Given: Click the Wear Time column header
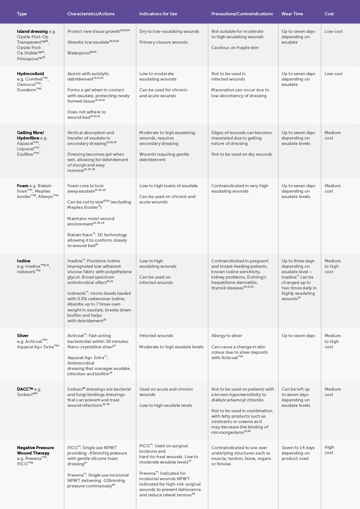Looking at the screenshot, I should [292, 14].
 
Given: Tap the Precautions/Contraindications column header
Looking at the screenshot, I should [242, 14].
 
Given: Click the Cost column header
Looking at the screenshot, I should [329, 14].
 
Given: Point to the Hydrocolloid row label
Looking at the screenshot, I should [30, 74].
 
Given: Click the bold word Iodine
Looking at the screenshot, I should [24, 261].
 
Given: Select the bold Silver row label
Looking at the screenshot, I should [22, 336].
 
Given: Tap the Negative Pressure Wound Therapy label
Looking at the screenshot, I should [35, 450].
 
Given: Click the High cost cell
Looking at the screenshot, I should [329, 450].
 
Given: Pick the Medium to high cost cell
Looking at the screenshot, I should [333, 341].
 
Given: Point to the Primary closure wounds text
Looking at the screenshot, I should [163, 42].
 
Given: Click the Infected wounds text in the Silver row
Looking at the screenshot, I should [156, 336].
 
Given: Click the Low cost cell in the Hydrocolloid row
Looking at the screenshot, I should [333, 74].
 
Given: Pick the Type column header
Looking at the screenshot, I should [22, 14].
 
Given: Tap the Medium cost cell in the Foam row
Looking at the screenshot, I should [333, 189].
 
